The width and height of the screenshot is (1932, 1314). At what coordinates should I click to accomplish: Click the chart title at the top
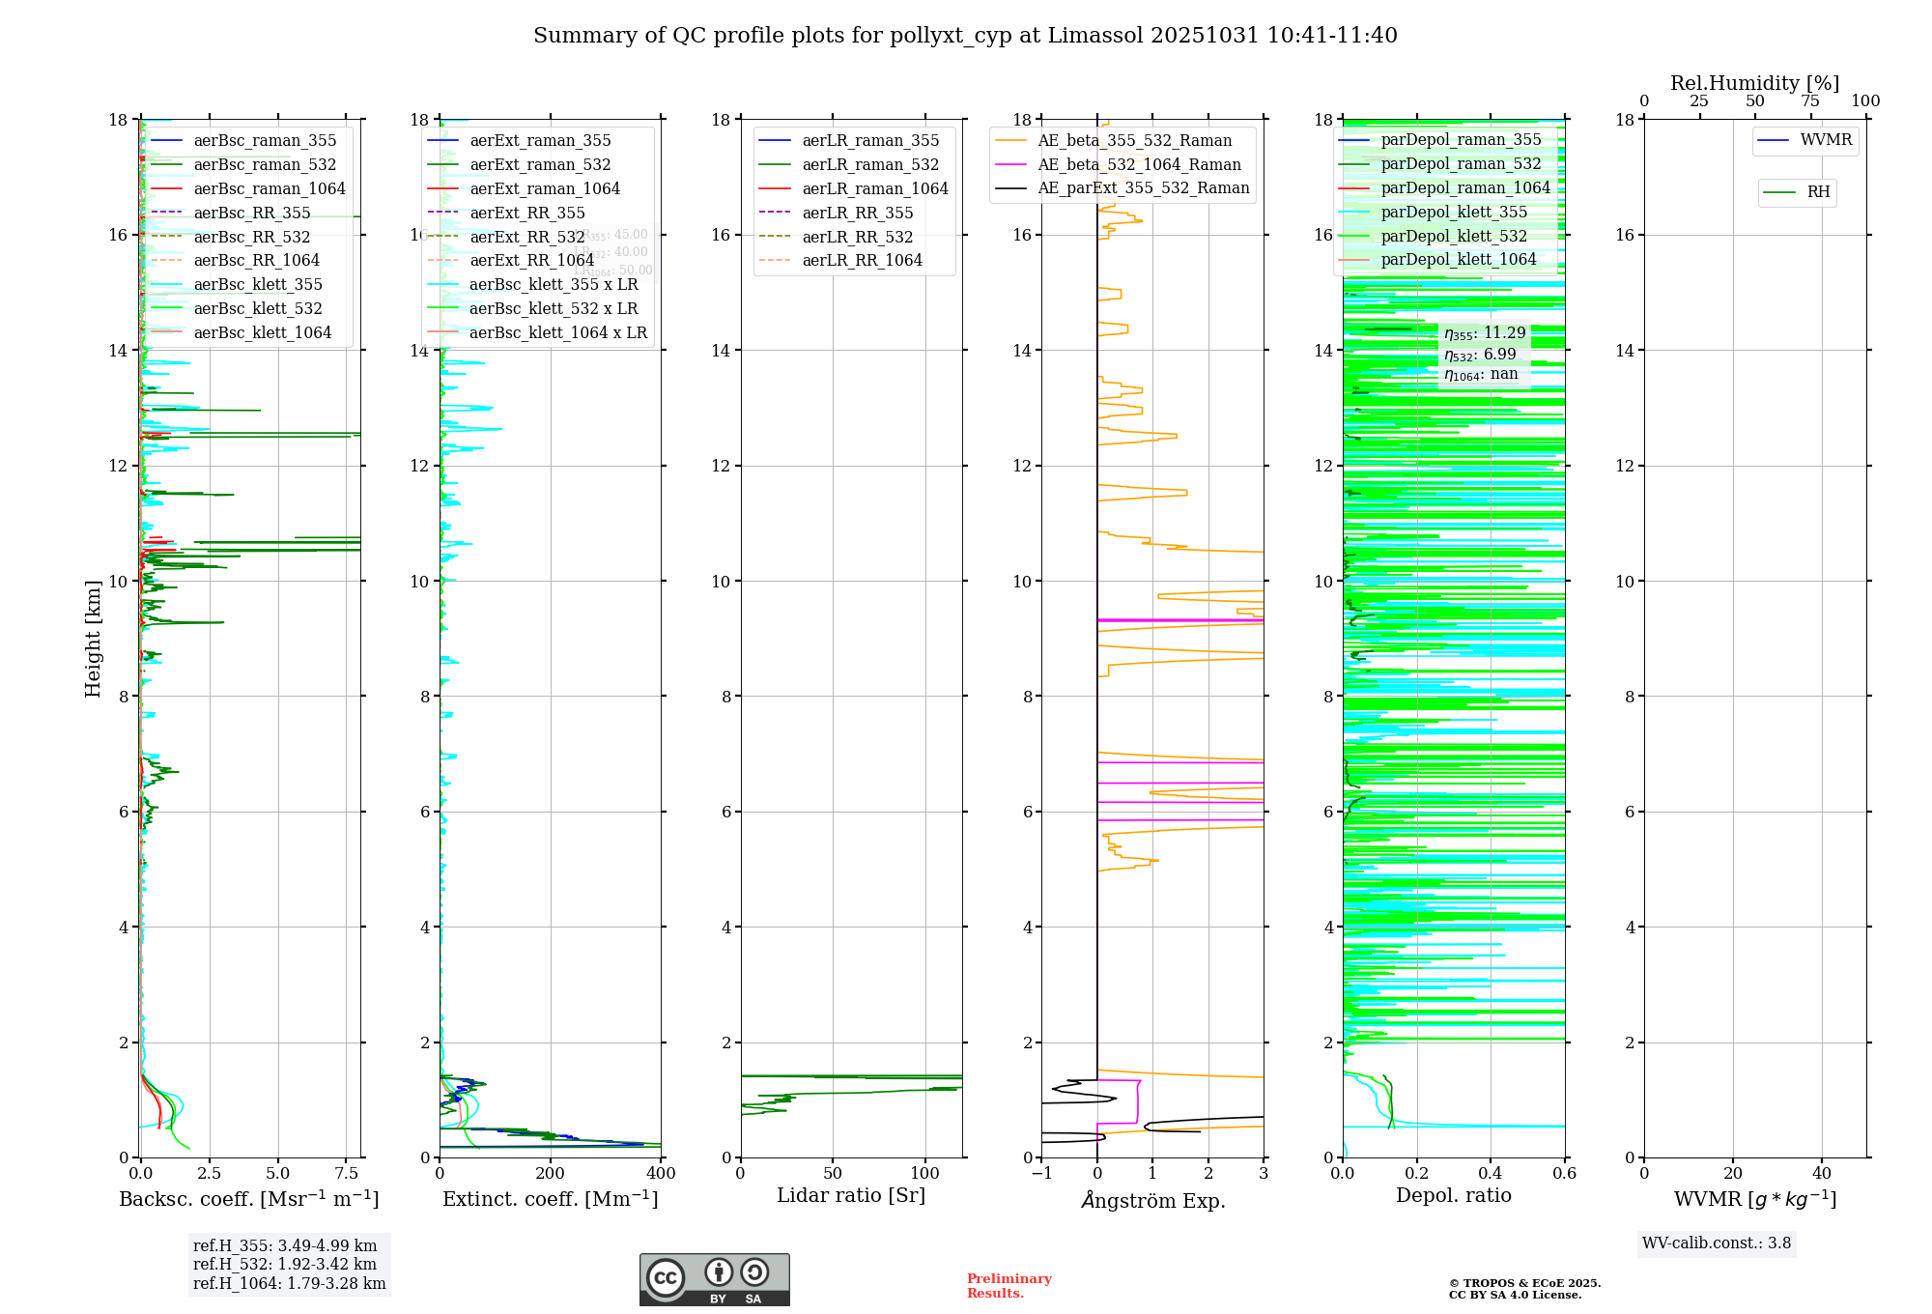coord(965,36)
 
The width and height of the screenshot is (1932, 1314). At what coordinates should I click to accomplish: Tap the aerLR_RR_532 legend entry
coord(857,237)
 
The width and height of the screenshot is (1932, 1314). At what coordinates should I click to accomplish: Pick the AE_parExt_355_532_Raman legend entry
coord(1143,188)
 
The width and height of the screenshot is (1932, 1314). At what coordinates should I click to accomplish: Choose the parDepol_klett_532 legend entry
coord(1454,236)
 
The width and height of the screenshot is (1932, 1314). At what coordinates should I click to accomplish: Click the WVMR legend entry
coord(1826,140)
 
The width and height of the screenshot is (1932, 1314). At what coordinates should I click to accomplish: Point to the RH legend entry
coord(1818,192)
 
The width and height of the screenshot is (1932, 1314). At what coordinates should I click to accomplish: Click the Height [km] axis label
coord(93,639)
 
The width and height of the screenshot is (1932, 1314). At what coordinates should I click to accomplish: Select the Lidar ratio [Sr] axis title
coord(851,1196)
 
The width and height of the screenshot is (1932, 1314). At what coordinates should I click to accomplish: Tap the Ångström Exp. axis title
coord(1153,1200)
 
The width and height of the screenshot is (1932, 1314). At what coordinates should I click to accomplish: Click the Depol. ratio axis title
coord(1454,1196)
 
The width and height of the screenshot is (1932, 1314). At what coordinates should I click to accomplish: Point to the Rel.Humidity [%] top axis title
coord(1754,83)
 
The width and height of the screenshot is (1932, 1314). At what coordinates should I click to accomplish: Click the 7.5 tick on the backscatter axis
coord(347,1174)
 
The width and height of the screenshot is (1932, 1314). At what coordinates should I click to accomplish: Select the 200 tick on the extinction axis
coord(551,1174)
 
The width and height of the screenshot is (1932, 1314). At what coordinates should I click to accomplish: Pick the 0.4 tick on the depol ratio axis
coord(1491,1174)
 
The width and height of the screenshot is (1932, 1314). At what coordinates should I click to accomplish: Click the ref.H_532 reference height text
coord(285,1264)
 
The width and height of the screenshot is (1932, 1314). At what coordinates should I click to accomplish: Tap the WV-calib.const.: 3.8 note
coord(1717,1243)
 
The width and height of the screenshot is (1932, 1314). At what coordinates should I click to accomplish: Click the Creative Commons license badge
coord(714,1280)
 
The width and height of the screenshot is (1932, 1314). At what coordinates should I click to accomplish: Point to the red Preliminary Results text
coord(1009,1286)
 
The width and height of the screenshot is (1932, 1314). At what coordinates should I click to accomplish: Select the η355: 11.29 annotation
coord(1485,333)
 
